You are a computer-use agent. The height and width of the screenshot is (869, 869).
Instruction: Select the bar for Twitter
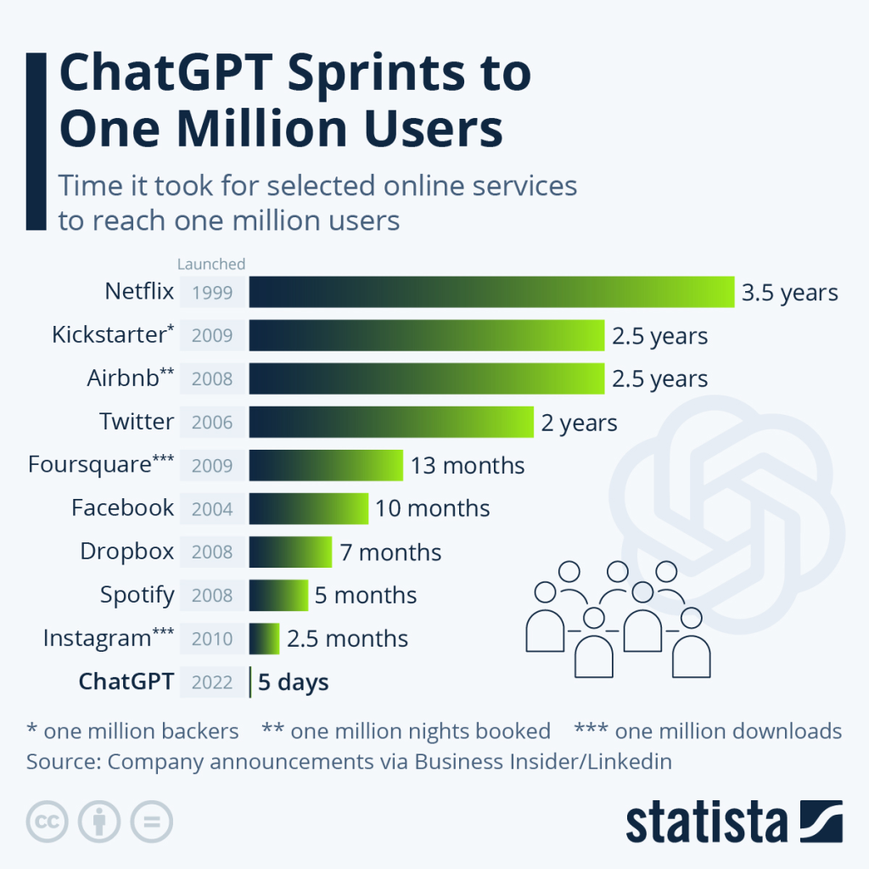pos(391,422)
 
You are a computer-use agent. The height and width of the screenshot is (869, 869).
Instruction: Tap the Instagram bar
pos(264,638)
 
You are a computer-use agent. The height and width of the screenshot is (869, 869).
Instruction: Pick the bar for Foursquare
pos(326,465)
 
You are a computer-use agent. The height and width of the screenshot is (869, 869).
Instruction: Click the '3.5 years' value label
pos(789,293)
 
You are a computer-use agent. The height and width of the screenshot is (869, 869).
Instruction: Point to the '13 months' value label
pos(468,465)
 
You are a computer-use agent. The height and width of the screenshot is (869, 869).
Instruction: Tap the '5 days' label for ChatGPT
pos(294,681)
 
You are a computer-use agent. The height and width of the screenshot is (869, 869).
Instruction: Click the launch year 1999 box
pos(212,293)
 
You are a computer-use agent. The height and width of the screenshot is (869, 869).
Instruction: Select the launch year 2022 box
pos(212,681)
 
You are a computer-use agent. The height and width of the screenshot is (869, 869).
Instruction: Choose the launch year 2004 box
pos(212,508)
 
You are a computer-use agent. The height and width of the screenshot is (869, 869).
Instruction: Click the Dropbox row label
pos(126,552)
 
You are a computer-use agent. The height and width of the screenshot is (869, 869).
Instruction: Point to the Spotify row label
pos(137,595)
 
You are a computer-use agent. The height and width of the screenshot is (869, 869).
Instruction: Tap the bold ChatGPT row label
pos(126,681)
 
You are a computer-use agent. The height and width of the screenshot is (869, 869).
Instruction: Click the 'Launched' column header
pos(211,264)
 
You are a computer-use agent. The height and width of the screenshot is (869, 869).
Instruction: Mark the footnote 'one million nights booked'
pos(406,731)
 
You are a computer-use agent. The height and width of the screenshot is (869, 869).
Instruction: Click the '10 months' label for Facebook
pos(432,508)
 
